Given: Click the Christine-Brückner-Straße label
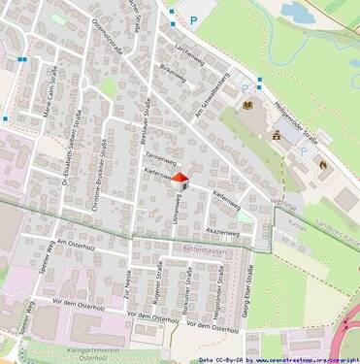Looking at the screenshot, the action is pos(100,174).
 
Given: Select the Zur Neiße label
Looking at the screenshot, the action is pos(127,287).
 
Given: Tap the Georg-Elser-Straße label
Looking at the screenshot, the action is pos(249,286).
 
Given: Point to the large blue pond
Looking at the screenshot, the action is pos(297,13).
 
